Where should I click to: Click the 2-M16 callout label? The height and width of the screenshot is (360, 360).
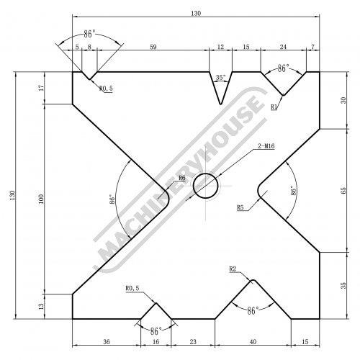pos(266,146)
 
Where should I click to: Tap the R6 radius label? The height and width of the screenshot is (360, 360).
pos(182,178)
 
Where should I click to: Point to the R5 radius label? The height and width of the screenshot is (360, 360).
pos(240,207)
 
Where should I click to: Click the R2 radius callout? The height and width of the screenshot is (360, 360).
pos(233,269)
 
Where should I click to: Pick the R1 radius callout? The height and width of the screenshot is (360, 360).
pos(274,107)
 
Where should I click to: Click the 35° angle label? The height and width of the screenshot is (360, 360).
pos(220,78)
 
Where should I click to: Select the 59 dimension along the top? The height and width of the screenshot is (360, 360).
pos(153,47)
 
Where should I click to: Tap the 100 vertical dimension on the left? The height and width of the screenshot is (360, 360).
pos(41,199)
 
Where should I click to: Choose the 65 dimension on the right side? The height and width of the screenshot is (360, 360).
pos(343,191)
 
